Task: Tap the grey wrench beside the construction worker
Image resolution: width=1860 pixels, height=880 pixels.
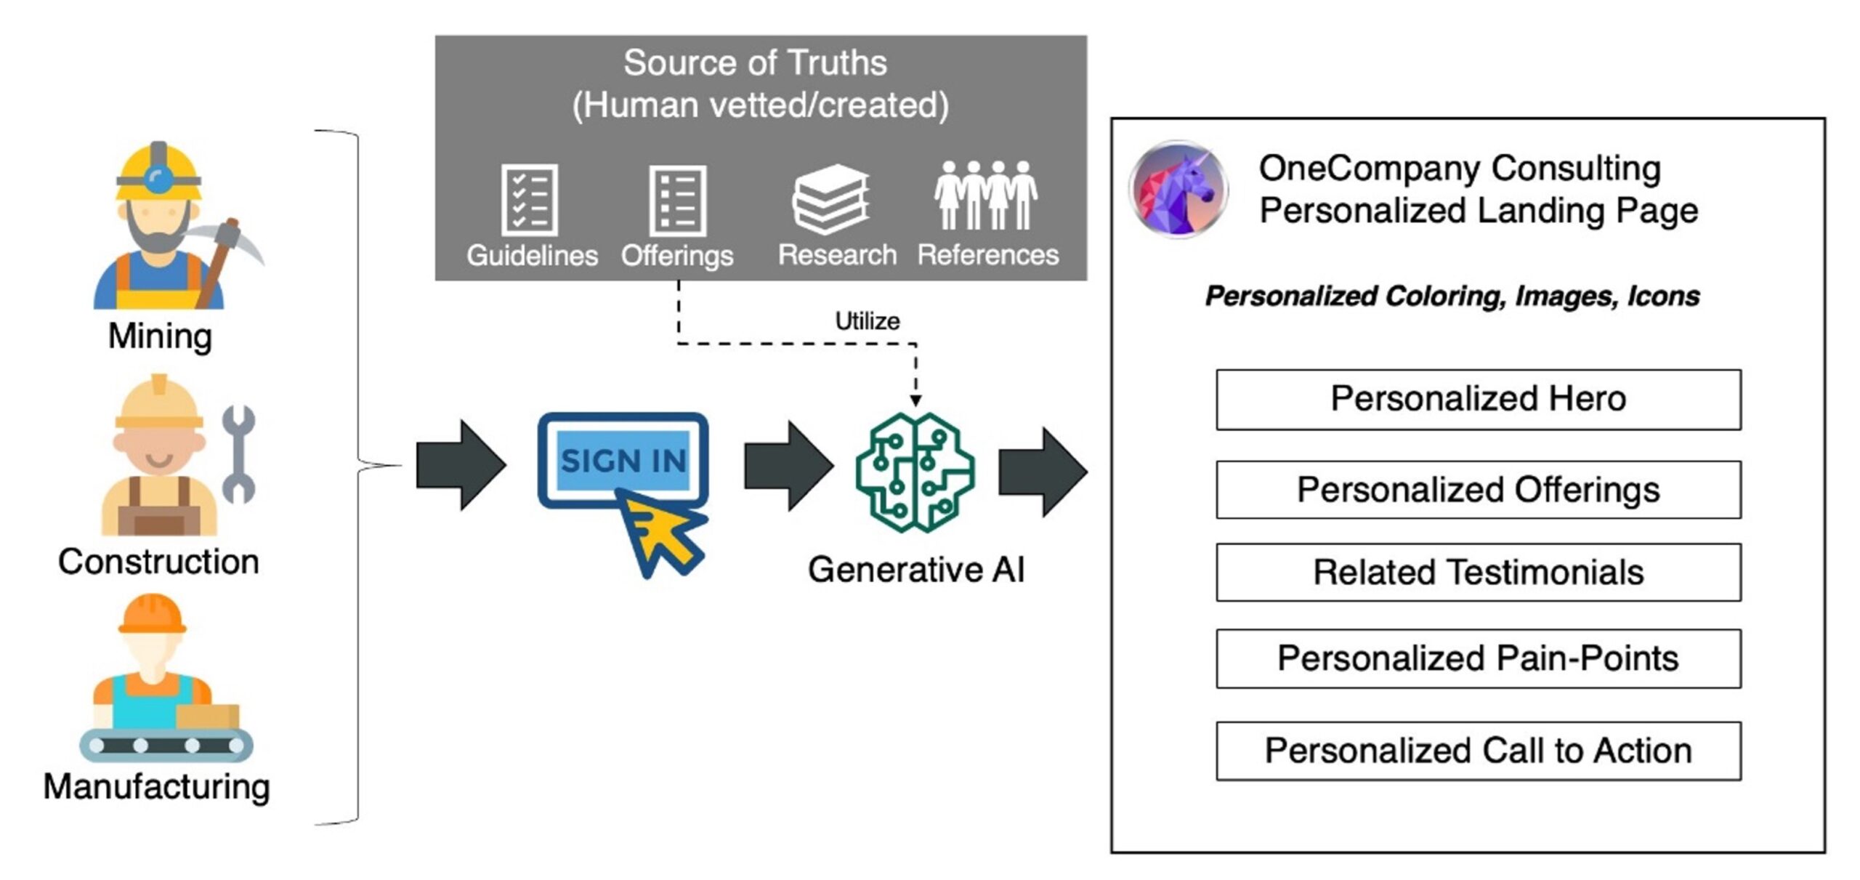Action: (x=238, y=454)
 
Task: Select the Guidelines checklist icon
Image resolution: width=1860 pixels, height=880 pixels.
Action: (x=530, y=200)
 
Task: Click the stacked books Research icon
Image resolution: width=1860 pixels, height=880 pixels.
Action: (x=830, y=199)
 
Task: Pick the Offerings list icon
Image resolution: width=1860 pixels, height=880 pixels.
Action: (x=677, y=201)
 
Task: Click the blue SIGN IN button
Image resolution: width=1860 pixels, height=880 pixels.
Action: (x=623, y=460)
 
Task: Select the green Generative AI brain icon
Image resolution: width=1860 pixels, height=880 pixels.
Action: (x=915, y=472)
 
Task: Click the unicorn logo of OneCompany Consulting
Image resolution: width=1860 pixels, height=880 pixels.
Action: (x=1178, y=190)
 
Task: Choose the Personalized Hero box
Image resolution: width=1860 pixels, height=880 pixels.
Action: (x=1478, y=400)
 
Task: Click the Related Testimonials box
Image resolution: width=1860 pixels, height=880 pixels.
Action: (x=1478, y=573)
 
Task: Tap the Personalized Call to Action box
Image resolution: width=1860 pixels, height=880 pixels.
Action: (x=1478, y=751)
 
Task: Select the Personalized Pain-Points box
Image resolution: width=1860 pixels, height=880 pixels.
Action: (x=1478, y=658)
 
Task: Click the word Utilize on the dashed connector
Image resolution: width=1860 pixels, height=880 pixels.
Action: (x=867, y=321)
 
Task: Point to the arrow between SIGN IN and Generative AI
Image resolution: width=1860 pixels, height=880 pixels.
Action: (x=788, y=466)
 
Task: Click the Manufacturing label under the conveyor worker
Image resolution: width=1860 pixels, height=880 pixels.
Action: (x=157, y=787)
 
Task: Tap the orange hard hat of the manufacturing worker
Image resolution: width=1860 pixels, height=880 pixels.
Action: (x=153, y=614)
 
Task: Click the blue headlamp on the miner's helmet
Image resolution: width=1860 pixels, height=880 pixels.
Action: (x=158, y=179)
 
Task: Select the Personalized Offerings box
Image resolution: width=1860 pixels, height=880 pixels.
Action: (x=1478, y=490)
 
